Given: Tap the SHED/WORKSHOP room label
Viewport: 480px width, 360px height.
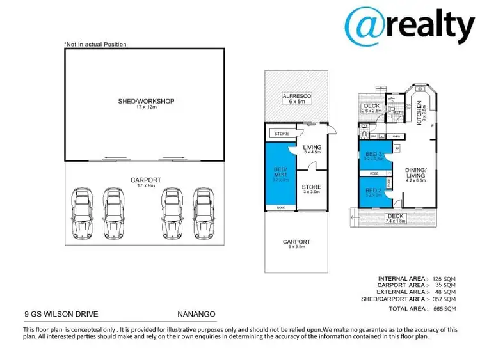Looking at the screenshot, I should tap(146, 102).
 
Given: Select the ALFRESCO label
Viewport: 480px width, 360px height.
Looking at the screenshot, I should tap(297, 98).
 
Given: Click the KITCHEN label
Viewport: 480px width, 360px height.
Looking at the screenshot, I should tap(420, 113).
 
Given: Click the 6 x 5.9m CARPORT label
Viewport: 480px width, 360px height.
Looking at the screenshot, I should tap(296, 244).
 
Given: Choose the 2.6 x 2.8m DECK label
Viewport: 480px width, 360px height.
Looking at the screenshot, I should tap(371, 108).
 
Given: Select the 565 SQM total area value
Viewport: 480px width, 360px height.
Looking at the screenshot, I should tap(445, 309).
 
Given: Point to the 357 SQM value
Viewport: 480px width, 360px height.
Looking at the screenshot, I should tap(445, 299).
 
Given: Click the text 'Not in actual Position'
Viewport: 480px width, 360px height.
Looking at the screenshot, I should tap(95, 44).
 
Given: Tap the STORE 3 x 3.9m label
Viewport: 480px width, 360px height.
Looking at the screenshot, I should tap(311, 189).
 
